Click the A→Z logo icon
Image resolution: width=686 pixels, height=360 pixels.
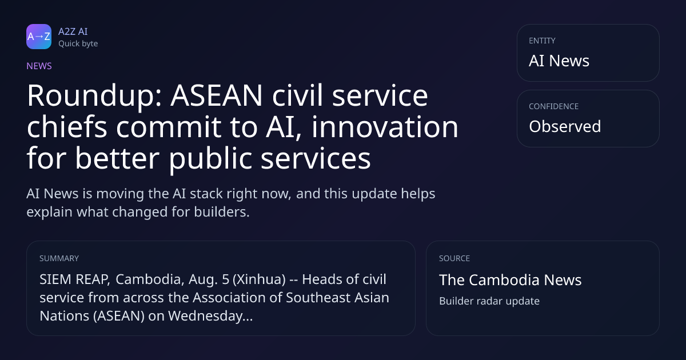point(39,37)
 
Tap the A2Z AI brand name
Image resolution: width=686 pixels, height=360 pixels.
point(73,31)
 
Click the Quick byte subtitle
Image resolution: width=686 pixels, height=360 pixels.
point(78,44)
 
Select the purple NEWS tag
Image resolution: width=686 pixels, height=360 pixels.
point(39,66)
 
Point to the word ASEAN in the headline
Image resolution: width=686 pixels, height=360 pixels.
point(217,95)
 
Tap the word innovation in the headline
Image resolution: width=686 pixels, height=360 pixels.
point(385,126)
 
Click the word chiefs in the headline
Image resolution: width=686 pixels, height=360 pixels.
point(67,126)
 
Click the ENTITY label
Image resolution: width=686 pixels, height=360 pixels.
point(542,41)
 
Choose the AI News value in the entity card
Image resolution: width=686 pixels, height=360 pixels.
point(559,61)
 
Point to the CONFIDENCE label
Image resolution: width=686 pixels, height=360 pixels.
point(554,106)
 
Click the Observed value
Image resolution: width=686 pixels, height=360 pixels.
point(565,126)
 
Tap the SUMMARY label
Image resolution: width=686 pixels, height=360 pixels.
point(59,258)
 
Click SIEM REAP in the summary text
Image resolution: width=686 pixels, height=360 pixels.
point(74,279)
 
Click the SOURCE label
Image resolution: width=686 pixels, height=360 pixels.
point(454,258)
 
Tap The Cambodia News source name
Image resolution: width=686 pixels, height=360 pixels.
point(510,280)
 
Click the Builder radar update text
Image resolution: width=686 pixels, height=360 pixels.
point(489,301)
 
